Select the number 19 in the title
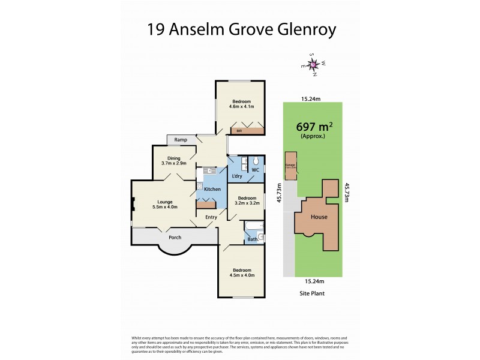[158, 29]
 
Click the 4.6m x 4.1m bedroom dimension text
[242, 107]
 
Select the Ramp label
[181, 140]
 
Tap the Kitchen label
[212, 190]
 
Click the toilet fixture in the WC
[256, 162]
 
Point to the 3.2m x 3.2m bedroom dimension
[246, 203]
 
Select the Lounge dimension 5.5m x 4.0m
[165, 207]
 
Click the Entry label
[211, 217]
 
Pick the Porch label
[175, 237]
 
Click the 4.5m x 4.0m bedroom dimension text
[243, 275]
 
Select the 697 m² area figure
[314, 127]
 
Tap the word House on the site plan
[319, 217]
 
